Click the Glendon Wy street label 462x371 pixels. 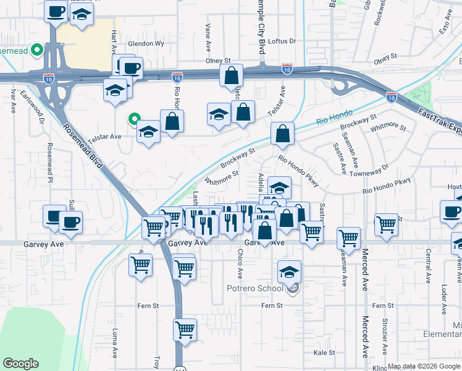146,44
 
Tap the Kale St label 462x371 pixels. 324,352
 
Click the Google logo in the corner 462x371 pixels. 20,364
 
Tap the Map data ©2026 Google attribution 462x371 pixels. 423,366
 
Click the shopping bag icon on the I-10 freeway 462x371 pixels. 231,76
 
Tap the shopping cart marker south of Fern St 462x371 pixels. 185,330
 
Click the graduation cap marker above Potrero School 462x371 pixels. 289,271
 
